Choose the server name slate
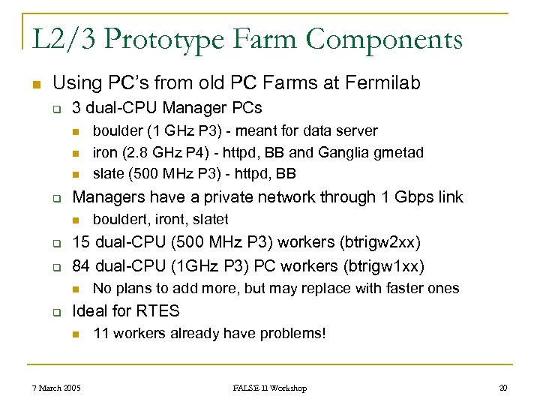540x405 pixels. click(x=107, y=174)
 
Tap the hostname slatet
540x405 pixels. click(x=210, y=219)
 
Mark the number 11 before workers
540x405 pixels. click(x=100, y=333)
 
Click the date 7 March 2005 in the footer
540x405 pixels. click(x=57, y=388)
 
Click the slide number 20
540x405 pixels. click(x=502, y=388)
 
